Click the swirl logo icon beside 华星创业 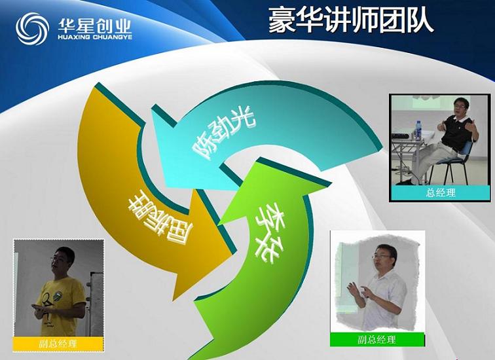[x=32, y=29]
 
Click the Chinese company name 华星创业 [x=94, y=26]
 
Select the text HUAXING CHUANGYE [x=95, y=37]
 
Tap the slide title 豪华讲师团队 [x=351, y=20]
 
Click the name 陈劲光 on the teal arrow [x=224, y=133]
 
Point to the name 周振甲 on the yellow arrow [x=161, y=221]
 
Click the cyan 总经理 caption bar [x=441, y=192]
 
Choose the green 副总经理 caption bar [x=377, y=340]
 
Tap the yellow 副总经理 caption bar [x=58, y=344]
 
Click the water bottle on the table [x=418, y=130]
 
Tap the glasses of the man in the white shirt [x=382, y=257]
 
